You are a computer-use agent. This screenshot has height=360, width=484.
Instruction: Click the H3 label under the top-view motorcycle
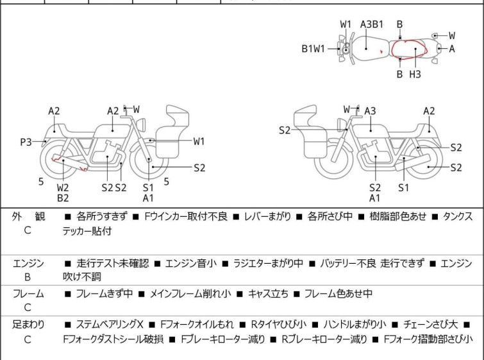[415, 74]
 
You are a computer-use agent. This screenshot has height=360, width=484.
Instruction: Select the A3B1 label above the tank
[372, 24]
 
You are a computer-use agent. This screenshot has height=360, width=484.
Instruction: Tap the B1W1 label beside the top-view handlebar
[313, 49]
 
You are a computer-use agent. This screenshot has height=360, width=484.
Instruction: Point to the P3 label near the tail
[26, 142]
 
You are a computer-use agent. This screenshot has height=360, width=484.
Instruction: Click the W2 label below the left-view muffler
[63, 187]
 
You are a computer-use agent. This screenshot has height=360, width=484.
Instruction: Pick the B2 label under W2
[63, 198]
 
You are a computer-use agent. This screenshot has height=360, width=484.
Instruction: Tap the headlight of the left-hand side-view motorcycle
[141, 125]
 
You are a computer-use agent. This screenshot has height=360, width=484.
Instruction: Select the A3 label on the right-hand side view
[370, 110]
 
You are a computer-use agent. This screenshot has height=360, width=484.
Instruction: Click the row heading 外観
[28, 216]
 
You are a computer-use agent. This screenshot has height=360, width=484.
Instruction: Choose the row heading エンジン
[28, 263]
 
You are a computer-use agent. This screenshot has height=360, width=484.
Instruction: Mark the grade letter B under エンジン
[28, 277]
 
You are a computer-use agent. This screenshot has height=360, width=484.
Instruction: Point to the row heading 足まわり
[28, 325]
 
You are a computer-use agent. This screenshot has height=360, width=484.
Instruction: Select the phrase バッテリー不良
[348, 263]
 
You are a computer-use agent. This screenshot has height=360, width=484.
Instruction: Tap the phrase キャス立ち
[268, 293]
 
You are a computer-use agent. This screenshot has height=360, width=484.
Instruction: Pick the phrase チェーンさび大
[431, 325]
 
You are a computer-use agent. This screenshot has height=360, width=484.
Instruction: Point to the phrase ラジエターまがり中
[268, 263]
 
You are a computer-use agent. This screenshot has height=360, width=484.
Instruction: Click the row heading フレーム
[28, 293]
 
